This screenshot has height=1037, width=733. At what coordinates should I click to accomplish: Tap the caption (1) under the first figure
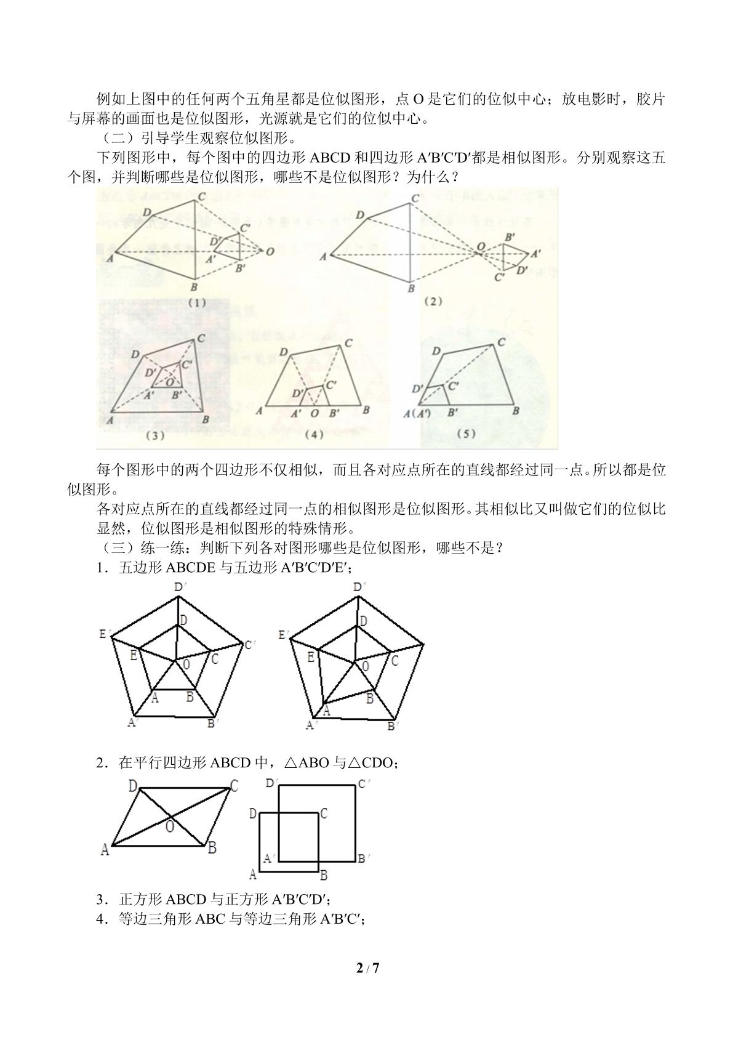point(197,303)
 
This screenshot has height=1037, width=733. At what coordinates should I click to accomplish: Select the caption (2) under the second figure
point(433,301)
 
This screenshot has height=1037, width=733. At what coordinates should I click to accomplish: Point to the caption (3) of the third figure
point(155,435)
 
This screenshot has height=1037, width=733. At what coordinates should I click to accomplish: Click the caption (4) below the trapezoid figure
point(314,434)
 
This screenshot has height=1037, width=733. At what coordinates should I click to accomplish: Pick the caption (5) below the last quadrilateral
point(465,434)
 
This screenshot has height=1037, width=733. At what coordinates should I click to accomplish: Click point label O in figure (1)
point(270,251)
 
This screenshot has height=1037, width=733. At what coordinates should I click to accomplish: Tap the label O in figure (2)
point(481,246)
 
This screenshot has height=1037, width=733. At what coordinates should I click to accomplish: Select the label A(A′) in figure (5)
point(417,413)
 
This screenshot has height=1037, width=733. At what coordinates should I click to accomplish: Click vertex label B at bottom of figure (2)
point(411,289)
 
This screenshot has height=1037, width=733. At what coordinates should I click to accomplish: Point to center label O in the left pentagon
point(186,665)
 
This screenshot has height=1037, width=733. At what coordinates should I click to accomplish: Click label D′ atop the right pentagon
point(358,587)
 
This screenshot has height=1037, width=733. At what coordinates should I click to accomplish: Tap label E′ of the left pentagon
point(104,634)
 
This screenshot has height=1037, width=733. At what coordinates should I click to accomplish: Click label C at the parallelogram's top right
point(234,786)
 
